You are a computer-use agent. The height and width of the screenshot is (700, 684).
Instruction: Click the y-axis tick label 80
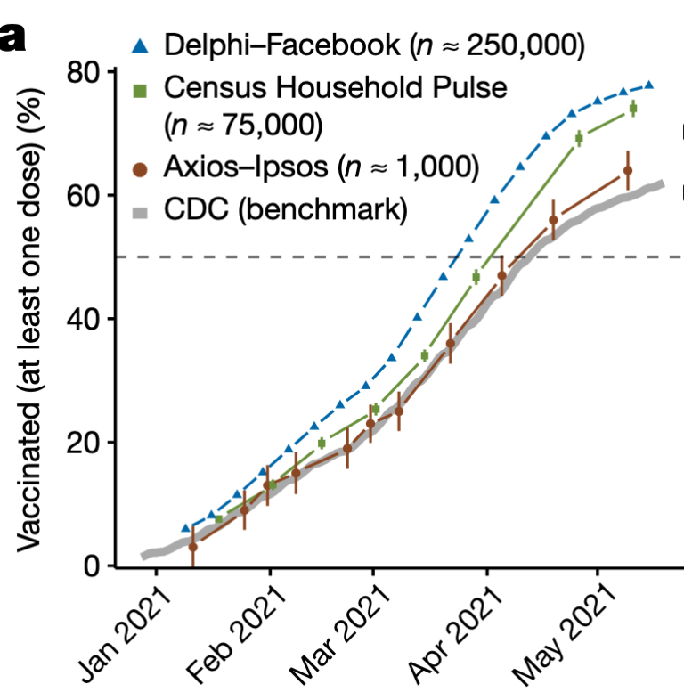85,71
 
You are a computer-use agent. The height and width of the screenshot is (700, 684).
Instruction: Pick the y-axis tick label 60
85,195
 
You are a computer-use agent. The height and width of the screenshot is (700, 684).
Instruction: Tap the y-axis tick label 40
85,319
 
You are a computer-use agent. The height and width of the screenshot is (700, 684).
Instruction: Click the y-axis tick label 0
94,566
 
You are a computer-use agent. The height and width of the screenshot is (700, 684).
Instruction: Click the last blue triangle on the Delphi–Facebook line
649,85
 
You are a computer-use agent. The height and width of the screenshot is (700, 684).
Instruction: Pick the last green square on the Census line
633,109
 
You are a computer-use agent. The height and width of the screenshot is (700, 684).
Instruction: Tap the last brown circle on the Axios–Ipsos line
628,170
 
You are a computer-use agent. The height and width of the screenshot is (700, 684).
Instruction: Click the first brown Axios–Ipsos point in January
192,547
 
